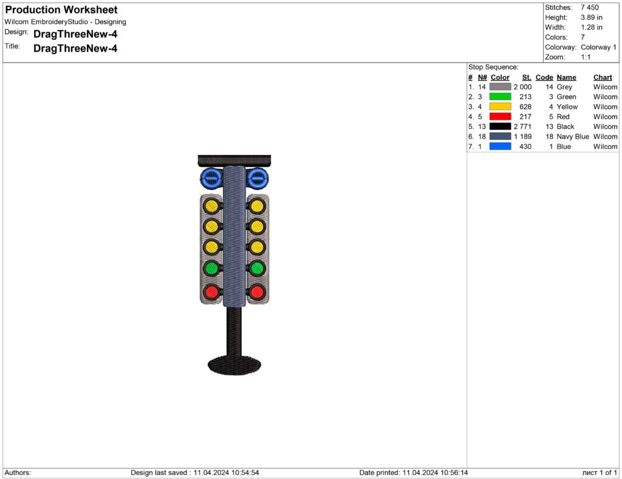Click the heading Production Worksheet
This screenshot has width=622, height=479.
[x=61, y=10]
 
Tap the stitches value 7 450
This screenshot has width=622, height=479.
[x=589, y=7]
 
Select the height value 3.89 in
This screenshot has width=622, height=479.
[x=592, y=18]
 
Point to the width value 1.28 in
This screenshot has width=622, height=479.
[x=592, y=27]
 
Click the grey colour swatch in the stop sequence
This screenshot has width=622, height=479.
[x=501, y=86]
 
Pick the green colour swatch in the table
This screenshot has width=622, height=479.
[x=501, y=97]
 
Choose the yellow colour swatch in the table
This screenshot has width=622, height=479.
[x=501, y=106]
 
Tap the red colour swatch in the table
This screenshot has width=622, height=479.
[x=501, y=116]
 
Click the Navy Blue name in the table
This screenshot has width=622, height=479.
[x=573, y=137]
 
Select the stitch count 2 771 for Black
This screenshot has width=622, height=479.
[x=522, y=126]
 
